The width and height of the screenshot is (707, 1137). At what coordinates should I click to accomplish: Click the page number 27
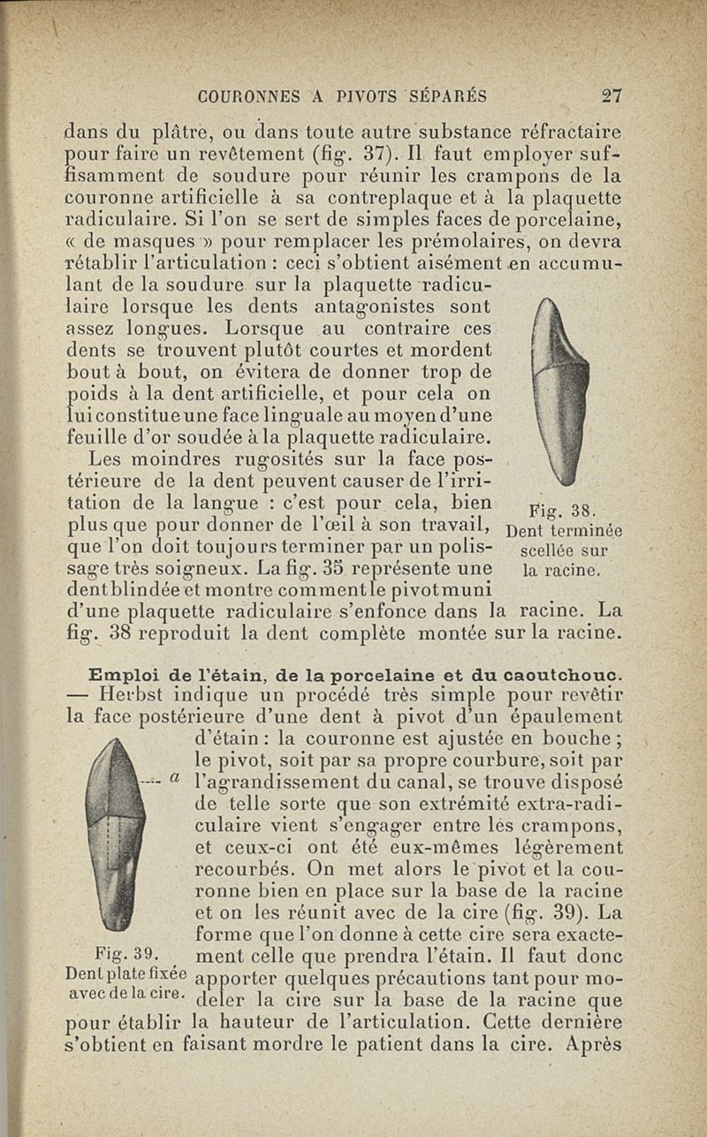[611, 96]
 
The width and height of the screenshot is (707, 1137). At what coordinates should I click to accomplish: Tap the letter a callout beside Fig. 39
[175, 778]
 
